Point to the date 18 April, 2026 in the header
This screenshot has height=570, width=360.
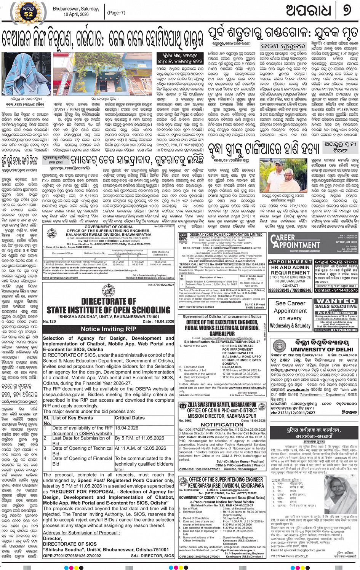(x=76, y=14)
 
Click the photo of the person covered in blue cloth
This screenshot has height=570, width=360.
(x=26, y=74)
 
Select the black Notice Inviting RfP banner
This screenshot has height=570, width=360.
(x=109, y=329)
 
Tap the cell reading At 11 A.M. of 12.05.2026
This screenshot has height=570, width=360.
(x=140, y=448)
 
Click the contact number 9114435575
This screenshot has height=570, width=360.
(x=336, y=290)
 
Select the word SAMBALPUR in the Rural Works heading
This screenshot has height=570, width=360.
(x=222, y=334)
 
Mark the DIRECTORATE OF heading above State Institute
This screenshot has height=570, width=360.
(x=108, y=301)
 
